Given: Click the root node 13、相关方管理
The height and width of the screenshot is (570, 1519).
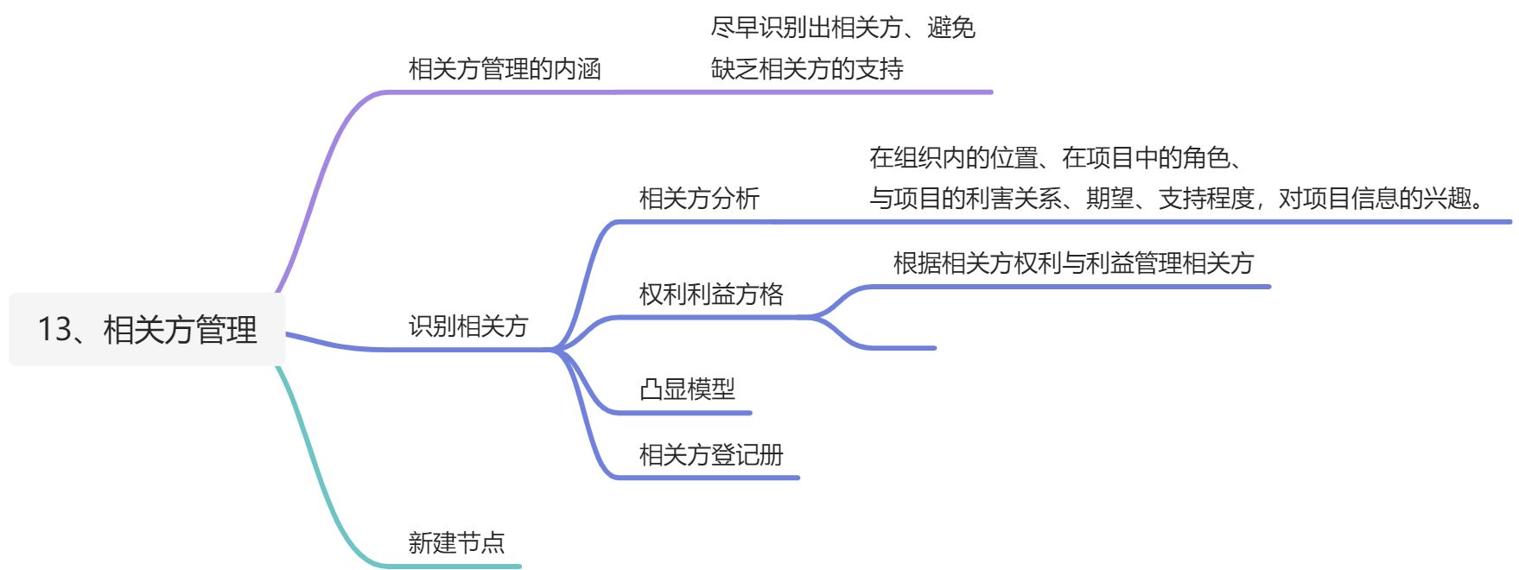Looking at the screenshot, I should coord(147,329).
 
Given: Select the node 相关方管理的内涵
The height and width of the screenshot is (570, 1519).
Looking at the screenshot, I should coord(504,69).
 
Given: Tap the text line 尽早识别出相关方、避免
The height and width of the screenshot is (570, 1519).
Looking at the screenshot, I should coord(842,28).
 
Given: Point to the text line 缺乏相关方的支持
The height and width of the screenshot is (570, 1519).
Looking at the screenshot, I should coord(807,69).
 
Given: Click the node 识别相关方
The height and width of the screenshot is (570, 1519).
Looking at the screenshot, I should coord(467,326).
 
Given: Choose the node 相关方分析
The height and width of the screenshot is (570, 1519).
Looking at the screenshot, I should coord(699,199).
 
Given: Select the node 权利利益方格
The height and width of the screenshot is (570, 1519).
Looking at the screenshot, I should coord(711,294).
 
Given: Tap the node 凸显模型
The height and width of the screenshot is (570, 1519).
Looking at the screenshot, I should coord(687,389).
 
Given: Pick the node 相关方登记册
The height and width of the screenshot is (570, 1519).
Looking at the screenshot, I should coord(711,454).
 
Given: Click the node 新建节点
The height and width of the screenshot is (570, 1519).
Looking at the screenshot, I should coord(456,542).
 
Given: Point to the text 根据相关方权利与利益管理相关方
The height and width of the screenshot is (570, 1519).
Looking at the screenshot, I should coord(1073,263).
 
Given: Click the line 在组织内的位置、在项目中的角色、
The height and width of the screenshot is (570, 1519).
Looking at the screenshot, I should coord(1056,157).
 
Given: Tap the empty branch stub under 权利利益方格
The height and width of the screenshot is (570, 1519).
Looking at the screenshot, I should coord(899,347).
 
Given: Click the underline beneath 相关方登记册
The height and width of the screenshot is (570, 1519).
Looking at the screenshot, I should coord(709,477).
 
